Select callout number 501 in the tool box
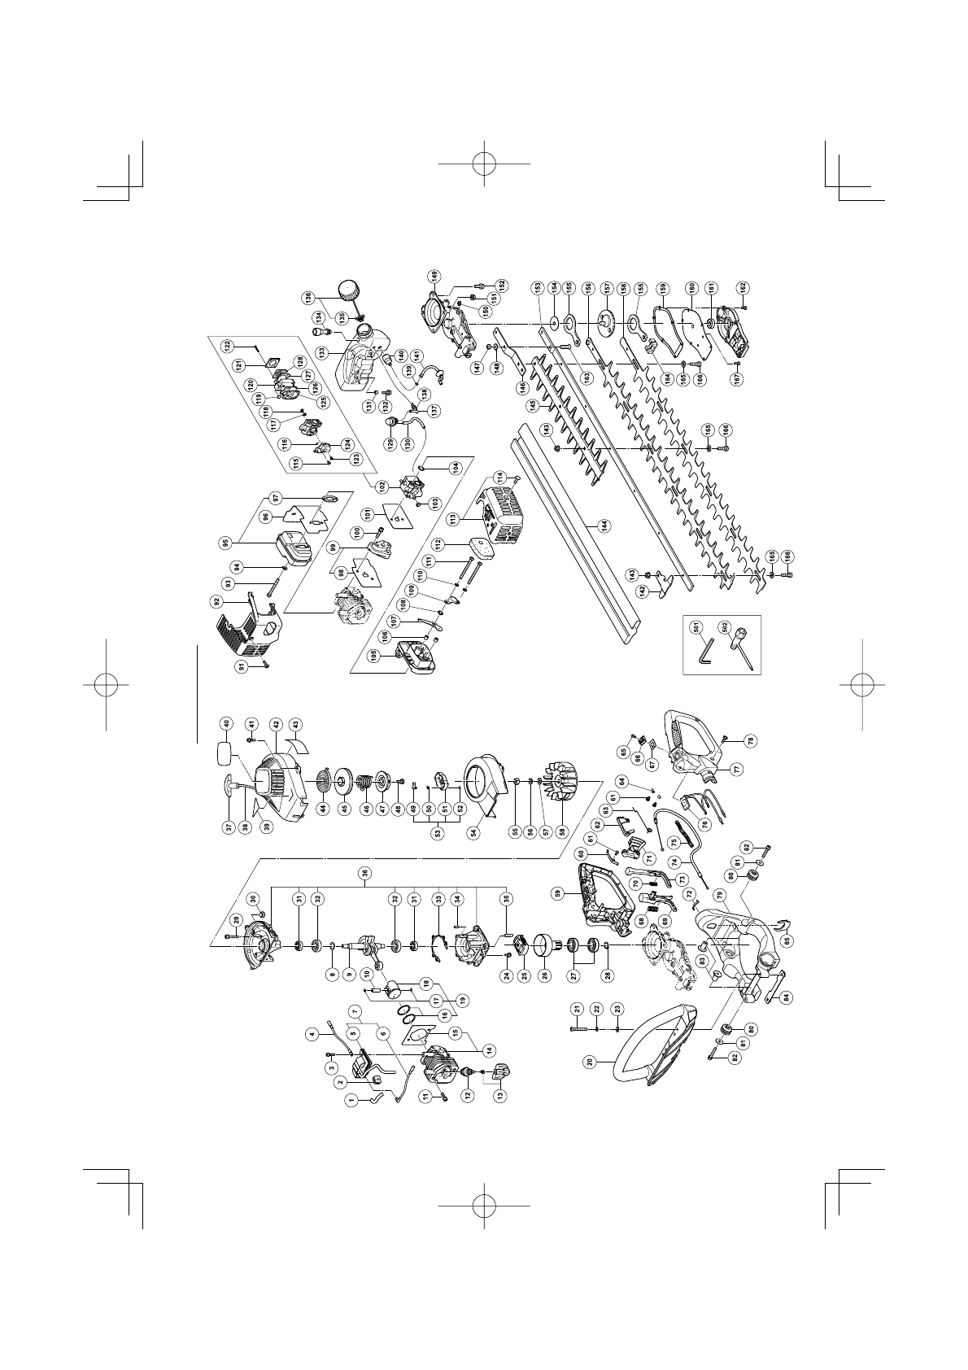coord(697,627)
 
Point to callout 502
coord(723,627)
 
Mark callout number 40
coord(227,724)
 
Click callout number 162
coord(742,286)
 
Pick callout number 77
coord(737,768)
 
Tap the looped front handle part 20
coord(651,1010)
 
